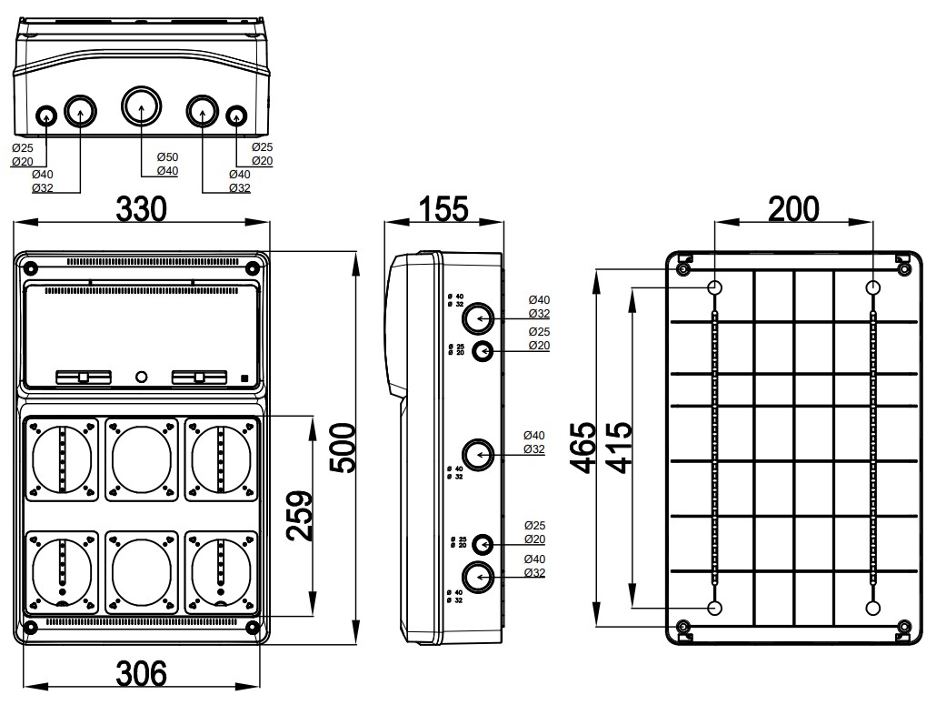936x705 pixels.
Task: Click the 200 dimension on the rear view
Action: pos(793,208)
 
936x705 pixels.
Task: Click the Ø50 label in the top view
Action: pos(167,157)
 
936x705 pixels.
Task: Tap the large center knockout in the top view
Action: pos(141,106)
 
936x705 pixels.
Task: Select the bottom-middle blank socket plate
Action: pos(141,573)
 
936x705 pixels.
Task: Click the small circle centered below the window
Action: pos(141,377)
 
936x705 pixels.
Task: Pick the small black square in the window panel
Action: pos(244,378)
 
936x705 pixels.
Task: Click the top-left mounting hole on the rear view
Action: pos(715,288)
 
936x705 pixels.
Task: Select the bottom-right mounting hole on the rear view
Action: pos(873,608)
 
